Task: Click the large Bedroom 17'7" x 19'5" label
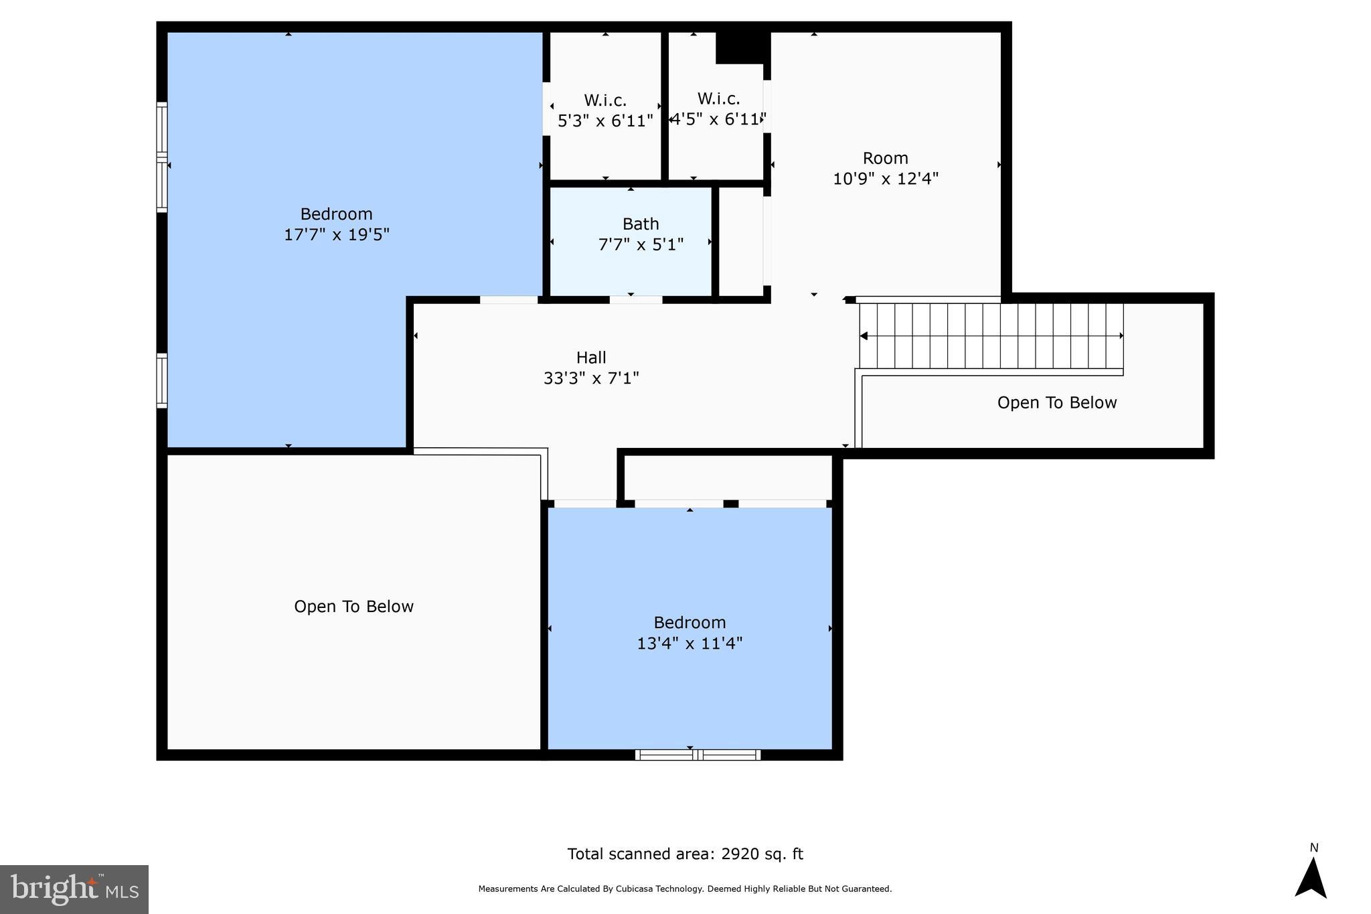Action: coord(336,224)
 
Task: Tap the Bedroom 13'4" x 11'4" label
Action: coord(690,633)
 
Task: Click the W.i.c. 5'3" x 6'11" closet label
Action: coord(605,110)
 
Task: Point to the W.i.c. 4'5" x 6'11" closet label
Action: coord(718,109)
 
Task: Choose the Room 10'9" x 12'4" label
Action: coord(885,168)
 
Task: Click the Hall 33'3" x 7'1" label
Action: coord(591,368)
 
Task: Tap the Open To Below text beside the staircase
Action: coord(1056,402)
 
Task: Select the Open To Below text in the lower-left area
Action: coord(353,606)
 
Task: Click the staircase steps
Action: coord(991,335)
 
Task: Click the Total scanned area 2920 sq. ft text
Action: coord(685,854)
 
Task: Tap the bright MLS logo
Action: coord(74,889)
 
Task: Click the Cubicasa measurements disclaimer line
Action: coord(685,889)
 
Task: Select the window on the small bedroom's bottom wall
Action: coord(698,755)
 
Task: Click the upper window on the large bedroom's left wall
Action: coord(161,157)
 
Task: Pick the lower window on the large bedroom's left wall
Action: coord(161,380)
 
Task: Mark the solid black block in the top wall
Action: coord(740,47)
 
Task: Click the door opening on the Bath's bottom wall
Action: coord(635,299)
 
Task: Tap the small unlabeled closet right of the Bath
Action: coord(740,241)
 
